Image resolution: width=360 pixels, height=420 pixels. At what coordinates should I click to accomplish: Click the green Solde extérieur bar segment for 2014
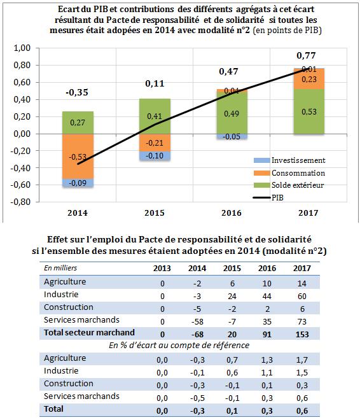78,123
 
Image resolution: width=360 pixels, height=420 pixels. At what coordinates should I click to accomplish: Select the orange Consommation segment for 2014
78,156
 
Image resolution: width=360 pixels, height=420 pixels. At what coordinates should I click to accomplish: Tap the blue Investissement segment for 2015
155,156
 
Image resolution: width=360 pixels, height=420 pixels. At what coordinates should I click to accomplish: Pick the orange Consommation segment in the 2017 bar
309,79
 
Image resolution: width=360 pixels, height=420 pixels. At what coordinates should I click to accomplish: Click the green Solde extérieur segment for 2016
232,113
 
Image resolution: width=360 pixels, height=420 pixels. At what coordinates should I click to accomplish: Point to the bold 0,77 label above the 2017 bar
306,55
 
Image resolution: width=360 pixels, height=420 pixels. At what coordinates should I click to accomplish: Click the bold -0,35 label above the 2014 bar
77,92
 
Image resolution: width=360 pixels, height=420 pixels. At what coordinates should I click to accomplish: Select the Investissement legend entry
289,160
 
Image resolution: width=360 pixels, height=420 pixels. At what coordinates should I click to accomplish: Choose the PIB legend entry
268,198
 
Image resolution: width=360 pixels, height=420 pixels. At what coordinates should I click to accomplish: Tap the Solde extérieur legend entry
289,185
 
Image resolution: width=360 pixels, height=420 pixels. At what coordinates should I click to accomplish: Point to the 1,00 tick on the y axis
22,48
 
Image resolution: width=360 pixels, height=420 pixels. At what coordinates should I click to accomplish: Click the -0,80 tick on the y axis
20,202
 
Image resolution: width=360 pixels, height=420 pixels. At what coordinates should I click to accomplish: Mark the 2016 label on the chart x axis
232,213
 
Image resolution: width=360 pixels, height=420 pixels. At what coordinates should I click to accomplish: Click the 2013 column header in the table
162,268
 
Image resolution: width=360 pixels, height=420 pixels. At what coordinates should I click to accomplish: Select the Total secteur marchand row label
90,332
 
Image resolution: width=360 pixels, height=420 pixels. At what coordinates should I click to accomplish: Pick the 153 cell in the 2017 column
302,334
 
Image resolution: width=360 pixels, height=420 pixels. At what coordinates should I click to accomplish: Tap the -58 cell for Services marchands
197,321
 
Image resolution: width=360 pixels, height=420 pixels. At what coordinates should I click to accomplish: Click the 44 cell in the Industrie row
267,296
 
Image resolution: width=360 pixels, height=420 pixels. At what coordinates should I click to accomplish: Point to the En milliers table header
60,268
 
